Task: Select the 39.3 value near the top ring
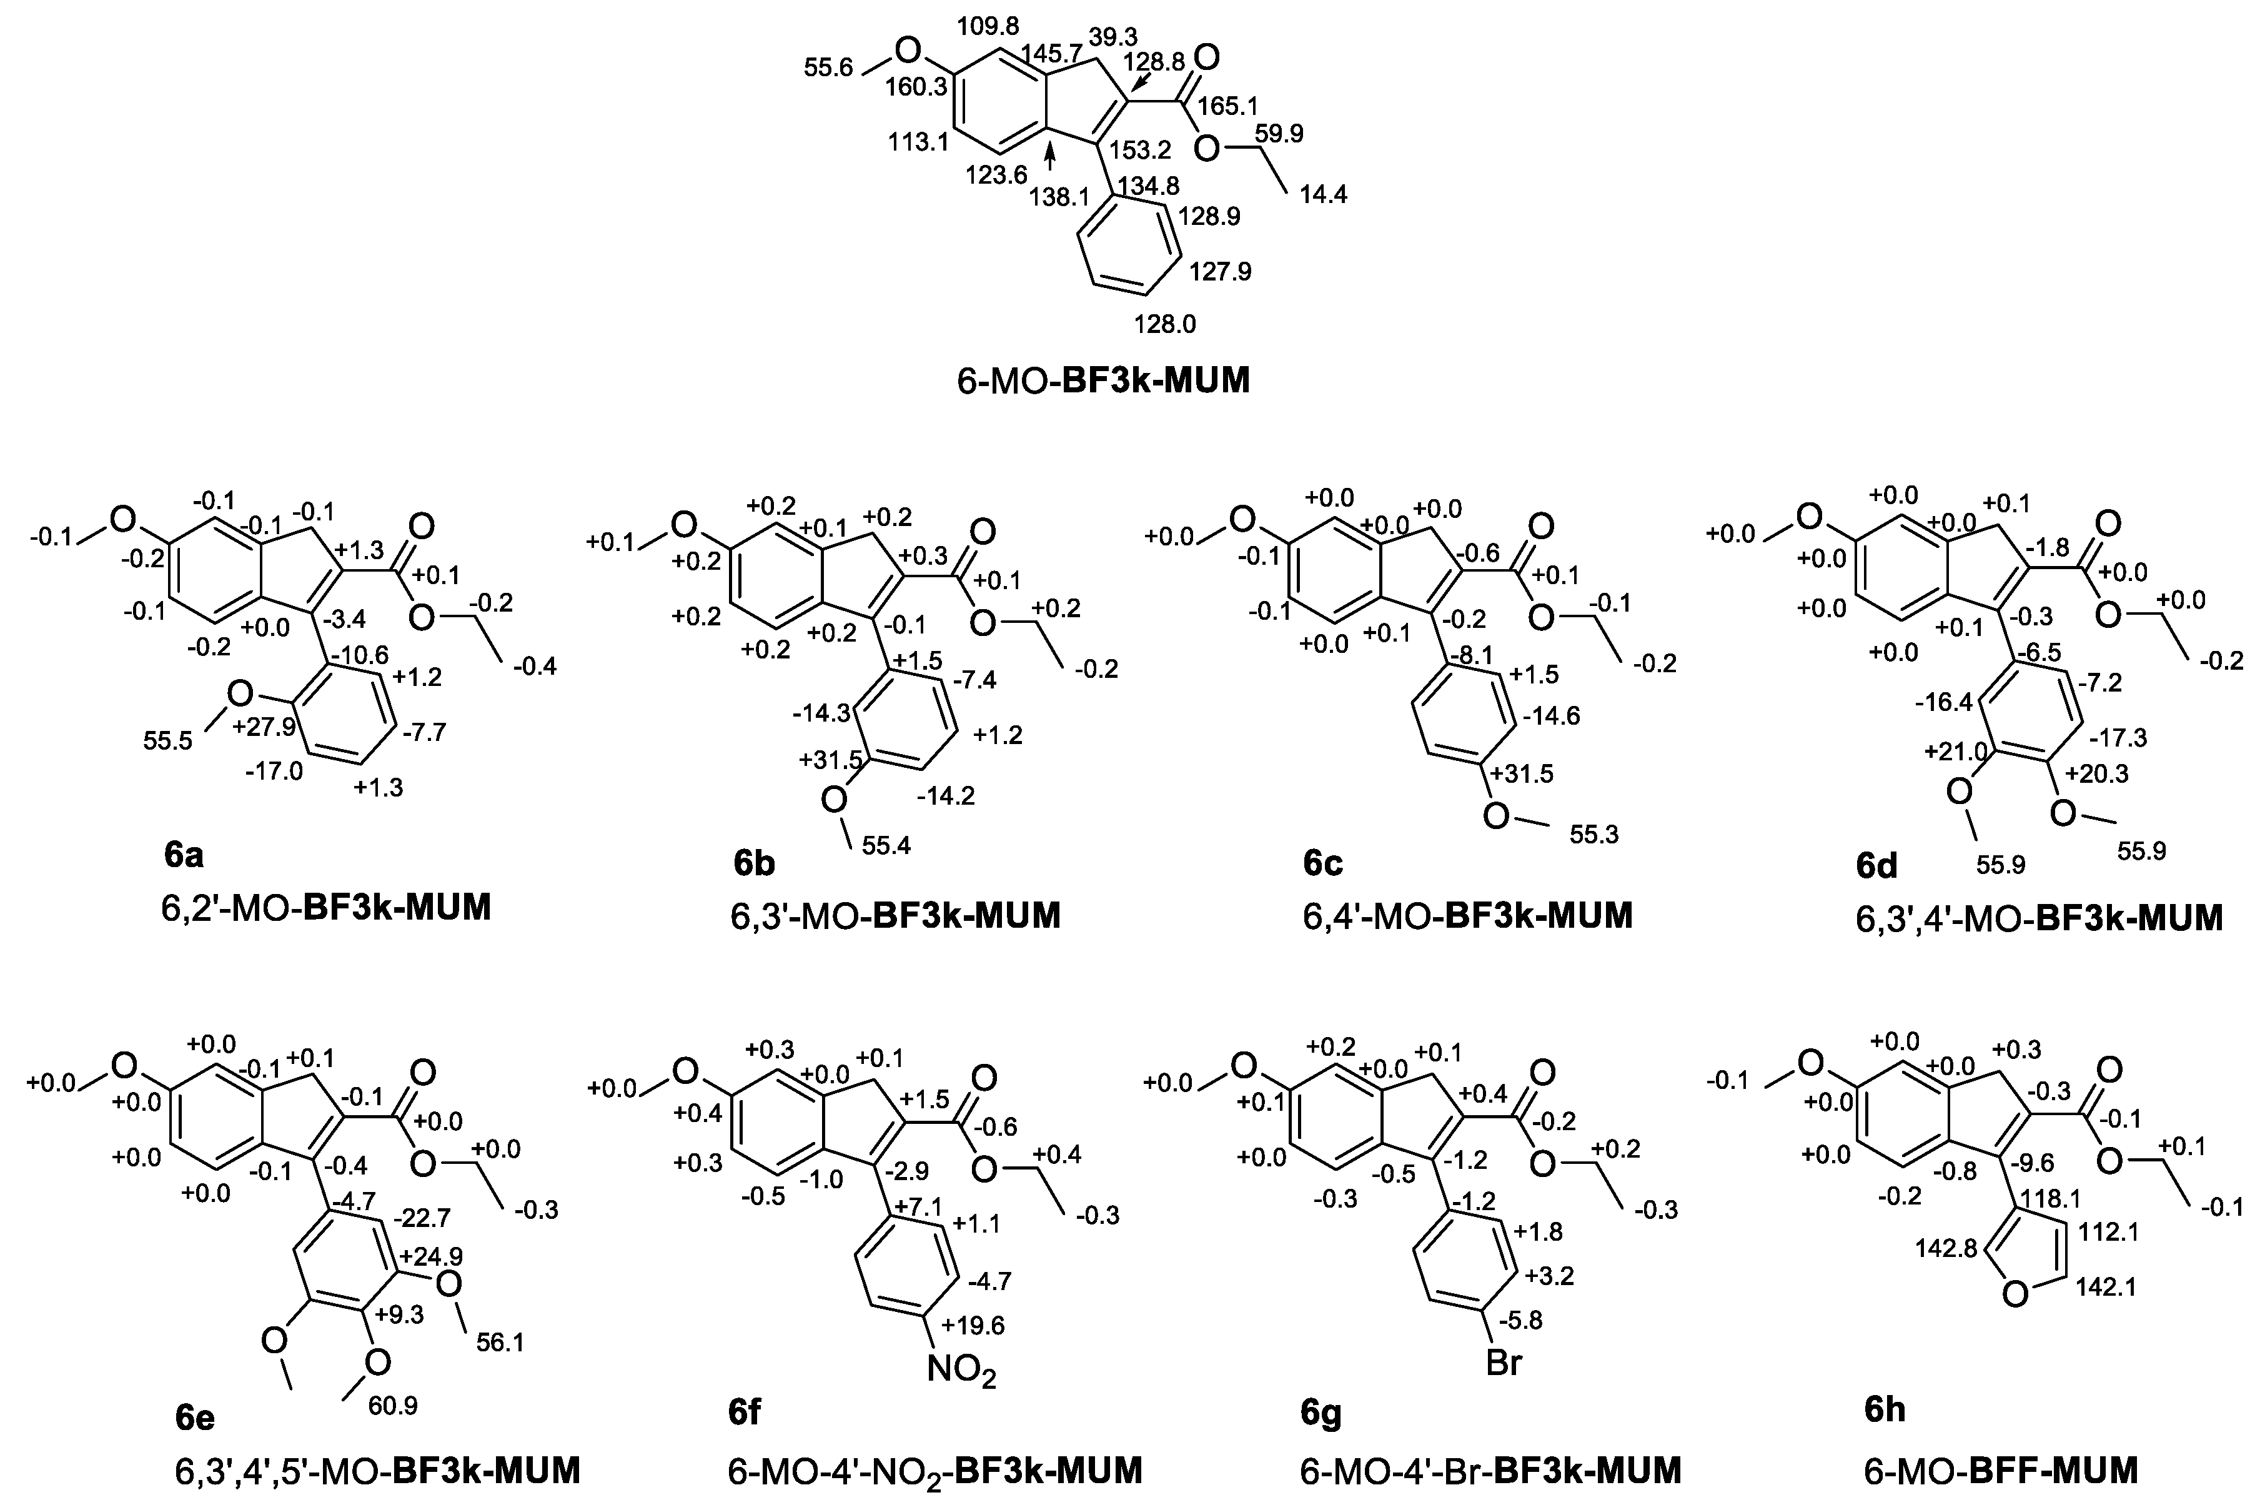(1113, 36)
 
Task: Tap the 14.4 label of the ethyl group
(1324, 195)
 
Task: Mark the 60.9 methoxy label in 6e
(392, 1406)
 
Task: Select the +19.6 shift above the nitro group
(973, 1326)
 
